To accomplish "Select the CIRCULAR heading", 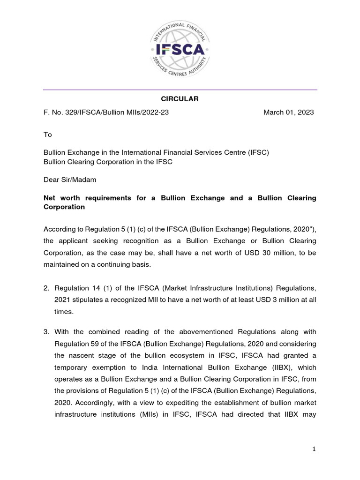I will pyautogui.click(x=180, y=99).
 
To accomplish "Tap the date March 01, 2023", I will pyautogui.click(x=288, y=112).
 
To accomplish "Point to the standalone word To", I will pyautogui.click(x=47, y=135).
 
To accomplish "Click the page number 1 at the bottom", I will pyautogui.click(x=314, y=450).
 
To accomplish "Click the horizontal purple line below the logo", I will pyautogui.click(x=180, y=90).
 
